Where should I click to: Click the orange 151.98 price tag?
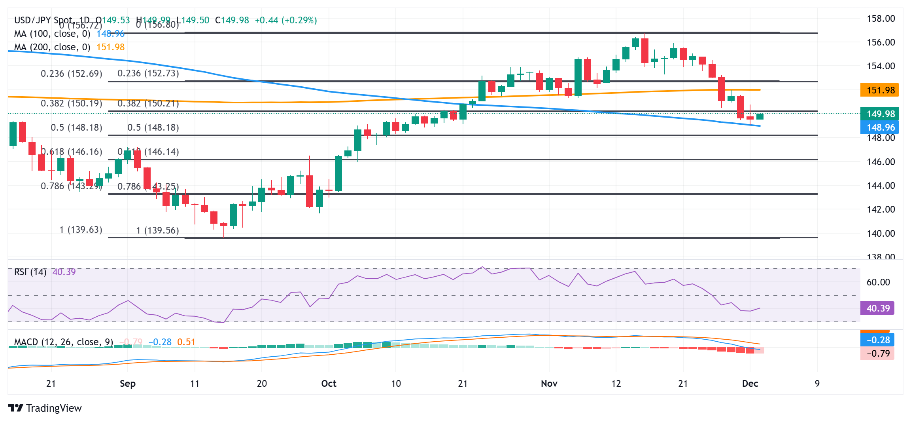(879, 90)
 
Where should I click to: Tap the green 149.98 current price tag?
(879, 114)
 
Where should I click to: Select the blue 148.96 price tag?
(879, 127)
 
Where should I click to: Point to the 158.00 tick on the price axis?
(881, 19)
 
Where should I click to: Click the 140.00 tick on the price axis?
(881, 234)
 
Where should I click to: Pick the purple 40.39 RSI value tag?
(878, 308)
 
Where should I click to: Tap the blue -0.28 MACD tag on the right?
(878, 340)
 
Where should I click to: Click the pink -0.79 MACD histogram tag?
(878, 354)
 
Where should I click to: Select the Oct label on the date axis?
(329, 384)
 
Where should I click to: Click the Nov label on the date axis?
(549, 384)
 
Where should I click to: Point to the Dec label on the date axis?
(750, 384)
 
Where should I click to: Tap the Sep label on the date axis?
(128, 384)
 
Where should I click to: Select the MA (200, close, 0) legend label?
(52, 47)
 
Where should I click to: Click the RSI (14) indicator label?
(30, 272)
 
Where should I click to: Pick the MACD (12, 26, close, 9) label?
(63, 342)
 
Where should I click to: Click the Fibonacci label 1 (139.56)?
(157, 230)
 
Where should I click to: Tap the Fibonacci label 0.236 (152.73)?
(148, 73)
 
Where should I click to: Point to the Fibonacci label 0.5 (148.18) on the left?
(76, 127)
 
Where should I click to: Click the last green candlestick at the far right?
(760, 116)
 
